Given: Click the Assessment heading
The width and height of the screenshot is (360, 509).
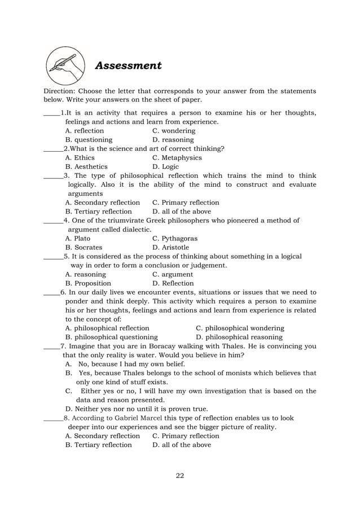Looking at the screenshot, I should point(129,65).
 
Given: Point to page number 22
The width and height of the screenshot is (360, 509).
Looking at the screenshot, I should point(179,475).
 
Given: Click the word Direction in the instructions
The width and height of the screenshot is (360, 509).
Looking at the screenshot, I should point(59,91).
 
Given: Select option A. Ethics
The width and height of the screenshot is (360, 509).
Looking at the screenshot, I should point(80,158).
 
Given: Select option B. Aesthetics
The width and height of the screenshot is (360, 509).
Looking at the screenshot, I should point(86,167).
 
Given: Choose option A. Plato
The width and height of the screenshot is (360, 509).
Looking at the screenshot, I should point(78,239).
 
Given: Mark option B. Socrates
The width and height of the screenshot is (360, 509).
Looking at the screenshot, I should point(84,248).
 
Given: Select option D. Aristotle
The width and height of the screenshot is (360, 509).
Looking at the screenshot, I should point(170,248).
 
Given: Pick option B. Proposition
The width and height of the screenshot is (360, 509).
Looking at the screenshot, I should point(88,283).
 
